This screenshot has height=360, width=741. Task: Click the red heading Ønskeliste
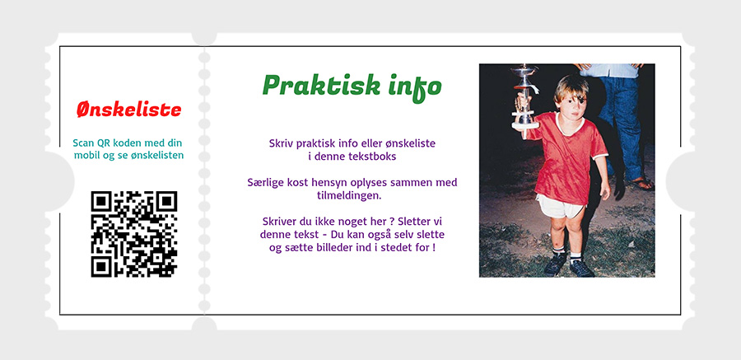tap(129, 110)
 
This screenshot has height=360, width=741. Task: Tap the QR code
tap(133, 234)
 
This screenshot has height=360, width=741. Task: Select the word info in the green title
tap(414, 87)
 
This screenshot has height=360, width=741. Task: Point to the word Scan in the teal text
tap(84, 143)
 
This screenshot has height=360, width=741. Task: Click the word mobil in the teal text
tap(86, 155)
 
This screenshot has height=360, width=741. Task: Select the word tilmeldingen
tap(349, 195)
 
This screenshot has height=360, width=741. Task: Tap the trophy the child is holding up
tap(524, 97)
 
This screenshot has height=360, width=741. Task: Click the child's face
tap(574, 101)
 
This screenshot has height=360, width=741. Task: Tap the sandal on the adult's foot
tap(641, 184)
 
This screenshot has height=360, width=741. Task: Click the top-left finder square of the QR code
tap(101, 201)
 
